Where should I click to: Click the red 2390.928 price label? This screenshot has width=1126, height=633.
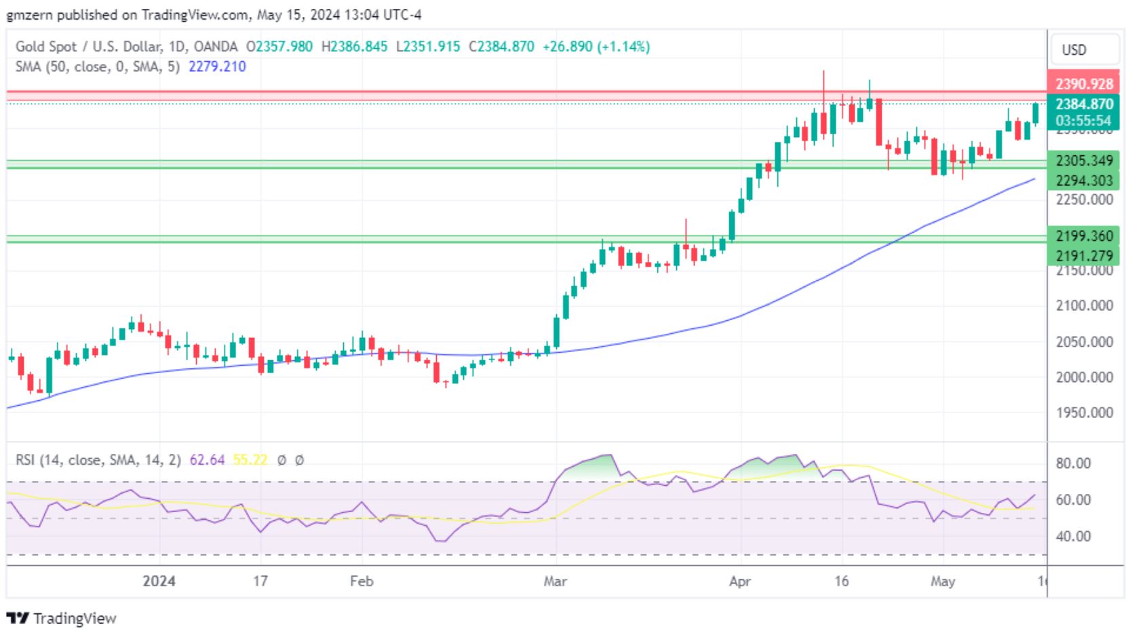pos(1083,84)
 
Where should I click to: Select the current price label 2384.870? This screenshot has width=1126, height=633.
pos(1083,104)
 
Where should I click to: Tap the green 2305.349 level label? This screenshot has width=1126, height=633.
pos(1083,161)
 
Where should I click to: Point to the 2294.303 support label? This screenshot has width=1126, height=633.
pos(1083,180)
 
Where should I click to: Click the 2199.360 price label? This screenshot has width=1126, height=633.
pos(1083,236)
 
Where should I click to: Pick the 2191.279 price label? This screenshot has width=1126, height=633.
pos(1083,256)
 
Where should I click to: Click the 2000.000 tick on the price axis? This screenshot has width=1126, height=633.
pos(1084,377)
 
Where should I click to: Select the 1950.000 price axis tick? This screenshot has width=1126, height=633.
pos(1084,413)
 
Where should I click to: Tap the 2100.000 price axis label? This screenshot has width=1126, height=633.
pos(1084,306)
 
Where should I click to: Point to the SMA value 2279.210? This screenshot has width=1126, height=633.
pos(217,66)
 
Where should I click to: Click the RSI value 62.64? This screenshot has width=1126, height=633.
pos(207,460)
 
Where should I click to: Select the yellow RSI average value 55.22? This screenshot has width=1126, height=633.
pos(250,460)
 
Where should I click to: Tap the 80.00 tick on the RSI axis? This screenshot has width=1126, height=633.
pos(1073,464)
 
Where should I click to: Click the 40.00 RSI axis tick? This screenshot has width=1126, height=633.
pos(1073,537)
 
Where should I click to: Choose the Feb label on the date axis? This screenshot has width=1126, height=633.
pos(362,581)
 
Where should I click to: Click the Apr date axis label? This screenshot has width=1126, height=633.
pos(739,581)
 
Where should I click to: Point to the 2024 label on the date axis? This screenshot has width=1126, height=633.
pos(159,581)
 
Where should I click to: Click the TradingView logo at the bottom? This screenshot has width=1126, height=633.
pos(61,618)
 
